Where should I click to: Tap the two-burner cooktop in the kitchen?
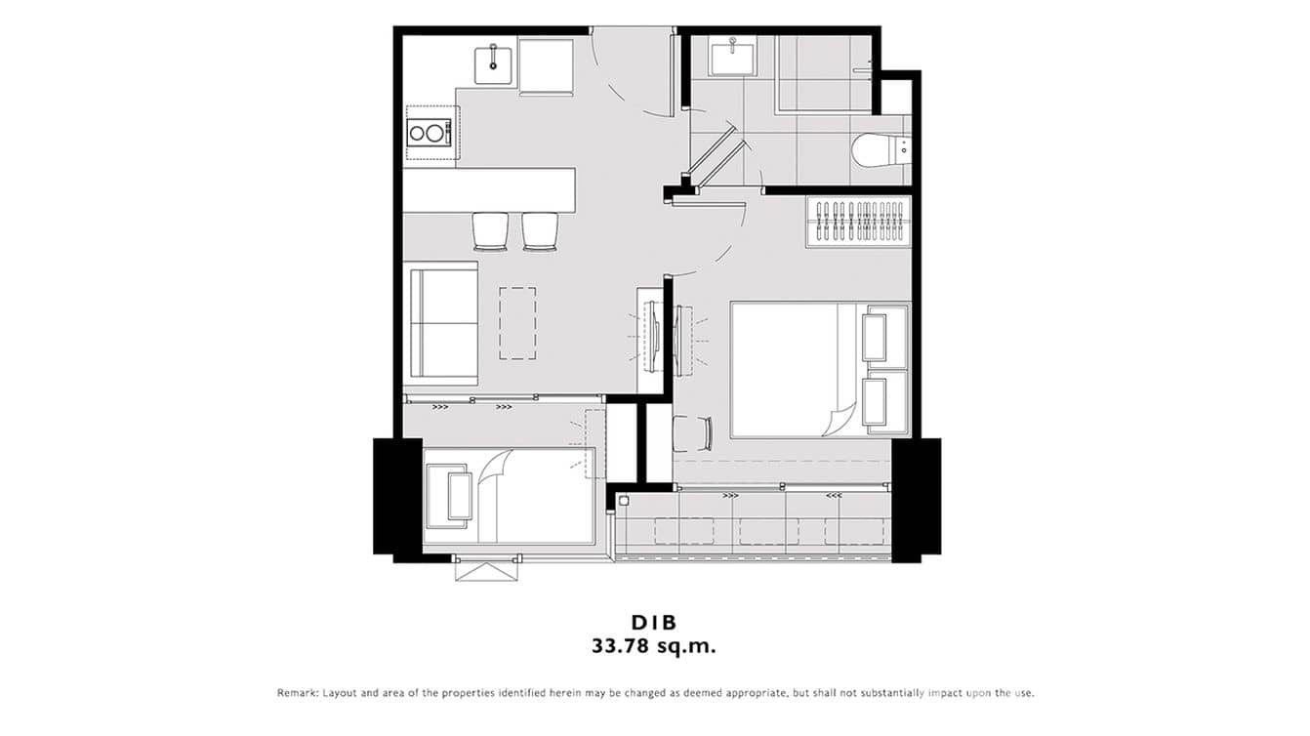pos(428,132)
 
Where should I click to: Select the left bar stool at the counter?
pos(490,230)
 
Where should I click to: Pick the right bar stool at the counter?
pos(540,230)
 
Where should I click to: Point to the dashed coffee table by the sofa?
pos(517,323)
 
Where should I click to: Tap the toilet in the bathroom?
pos(881,149)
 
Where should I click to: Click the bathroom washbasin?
pos(733,58)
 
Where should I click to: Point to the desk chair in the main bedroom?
pos(692,432)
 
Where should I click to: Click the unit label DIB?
pos(654,623)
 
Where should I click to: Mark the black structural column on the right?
pos(916,499)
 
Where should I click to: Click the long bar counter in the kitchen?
pos(488,189)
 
